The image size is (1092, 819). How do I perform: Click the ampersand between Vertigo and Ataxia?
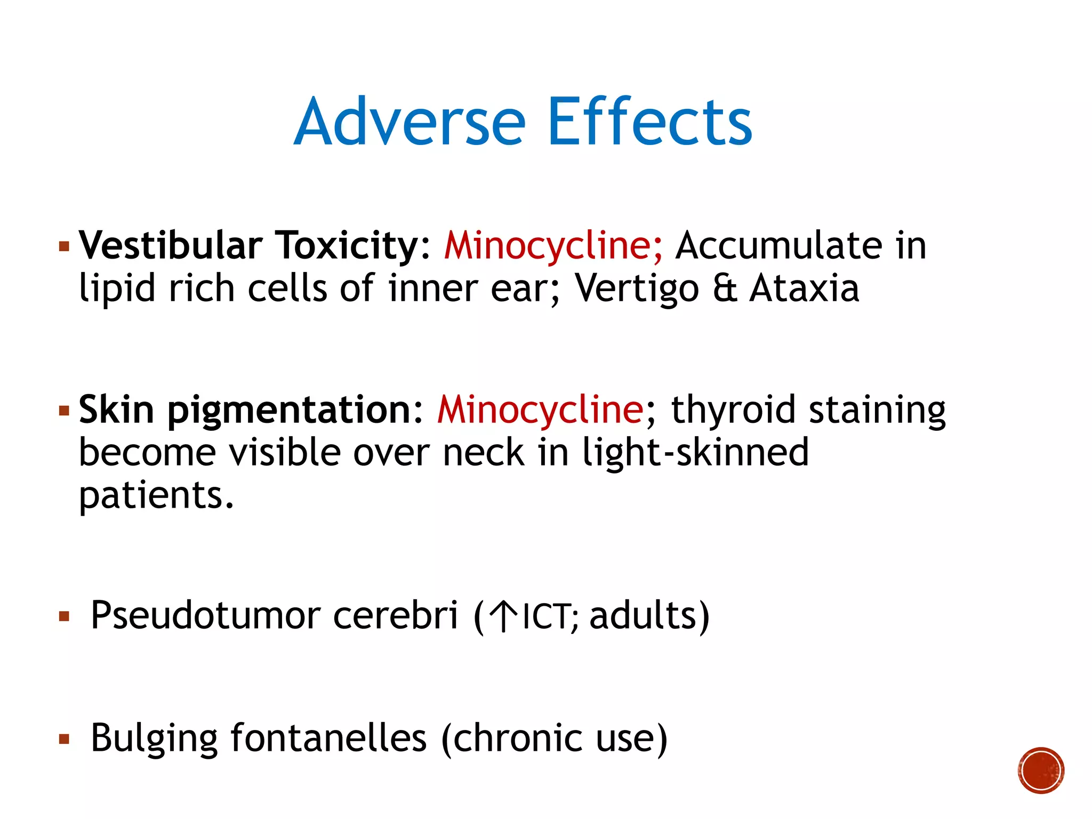(x=725, y=288)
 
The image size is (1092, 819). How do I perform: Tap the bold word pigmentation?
(x=290, y=411)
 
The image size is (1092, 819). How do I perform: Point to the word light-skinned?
(x=695, y=452)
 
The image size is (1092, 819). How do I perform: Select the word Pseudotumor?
(x=205, y=615)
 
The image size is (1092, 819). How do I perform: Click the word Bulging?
(x=155, y=739)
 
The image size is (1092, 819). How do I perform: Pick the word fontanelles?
(x=328, y=738)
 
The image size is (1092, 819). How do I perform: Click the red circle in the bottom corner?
(x=1041, y=770)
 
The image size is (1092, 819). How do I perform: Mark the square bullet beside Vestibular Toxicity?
(x=65, y=246)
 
